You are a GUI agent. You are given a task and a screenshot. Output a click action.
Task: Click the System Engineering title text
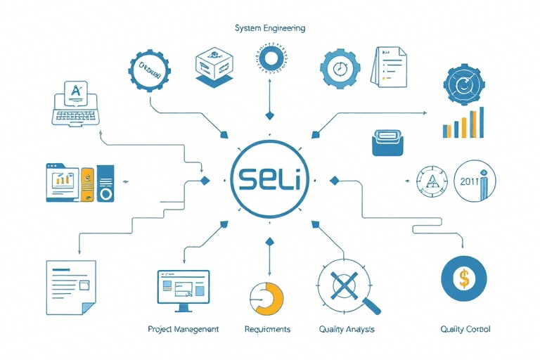270,28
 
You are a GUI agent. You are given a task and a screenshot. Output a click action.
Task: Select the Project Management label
183,329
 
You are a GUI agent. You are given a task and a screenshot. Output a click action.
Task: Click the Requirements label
267,329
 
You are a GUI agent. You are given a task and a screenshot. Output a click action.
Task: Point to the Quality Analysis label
347,329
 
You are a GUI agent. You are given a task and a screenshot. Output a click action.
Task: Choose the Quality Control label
465,329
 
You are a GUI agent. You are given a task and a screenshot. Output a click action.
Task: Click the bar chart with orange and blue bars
463,124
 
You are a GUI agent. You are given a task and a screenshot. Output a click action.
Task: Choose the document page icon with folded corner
70,287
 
